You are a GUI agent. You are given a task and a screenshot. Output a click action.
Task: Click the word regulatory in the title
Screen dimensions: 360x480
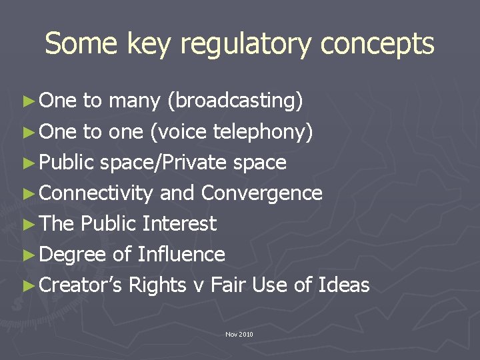[x=247, y=45]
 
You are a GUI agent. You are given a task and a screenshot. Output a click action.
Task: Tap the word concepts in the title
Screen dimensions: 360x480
[x=377, y=44]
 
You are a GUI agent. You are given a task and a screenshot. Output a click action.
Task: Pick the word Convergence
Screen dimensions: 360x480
[x=261, y=193]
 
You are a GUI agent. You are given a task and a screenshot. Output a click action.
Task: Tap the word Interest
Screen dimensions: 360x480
[x=179, y=223]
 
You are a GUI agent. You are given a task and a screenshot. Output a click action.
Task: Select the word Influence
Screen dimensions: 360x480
[x=181, y=254]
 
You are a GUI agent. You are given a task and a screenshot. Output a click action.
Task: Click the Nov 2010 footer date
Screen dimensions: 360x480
[x=239, y=333]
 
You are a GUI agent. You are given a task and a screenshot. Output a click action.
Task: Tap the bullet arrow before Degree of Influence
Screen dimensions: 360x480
[x=28, y=255]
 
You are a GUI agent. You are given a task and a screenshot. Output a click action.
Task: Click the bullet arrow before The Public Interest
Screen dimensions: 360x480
[x=28, y=224]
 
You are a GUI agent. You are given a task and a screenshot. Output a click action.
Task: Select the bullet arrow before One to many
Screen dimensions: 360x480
[x=28, y=101]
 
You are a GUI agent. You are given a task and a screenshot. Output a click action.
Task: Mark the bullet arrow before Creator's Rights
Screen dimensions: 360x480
[x=28, y=285]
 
